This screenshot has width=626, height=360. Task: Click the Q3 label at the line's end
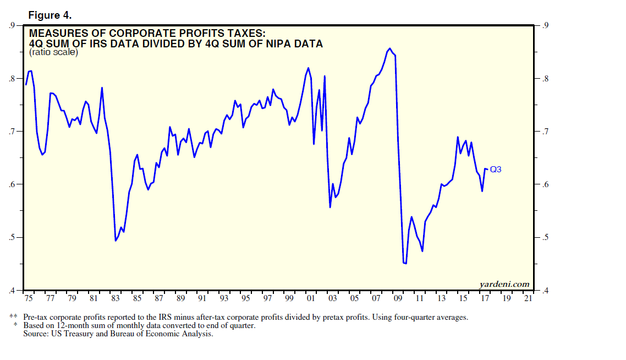point(495,170)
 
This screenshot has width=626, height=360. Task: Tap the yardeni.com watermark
point(504,284)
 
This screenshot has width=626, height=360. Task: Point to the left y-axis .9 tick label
point(11,25)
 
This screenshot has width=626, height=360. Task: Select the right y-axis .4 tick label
point(546,291)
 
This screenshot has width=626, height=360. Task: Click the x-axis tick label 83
point(115,298)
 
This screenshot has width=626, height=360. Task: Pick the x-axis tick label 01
point(311,298)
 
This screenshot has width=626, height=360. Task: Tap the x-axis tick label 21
point(528,298)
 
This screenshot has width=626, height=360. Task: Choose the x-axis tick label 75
point(28,298)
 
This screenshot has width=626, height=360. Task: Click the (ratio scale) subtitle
point(54,53)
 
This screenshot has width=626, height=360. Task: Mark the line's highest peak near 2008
point(389,48)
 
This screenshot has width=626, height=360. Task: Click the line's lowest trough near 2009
point(405,264)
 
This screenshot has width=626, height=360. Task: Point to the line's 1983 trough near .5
point(116,241)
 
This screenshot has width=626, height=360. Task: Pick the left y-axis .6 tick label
point(11,184)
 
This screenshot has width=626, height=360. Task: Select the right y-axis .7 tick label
point(546,132)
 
